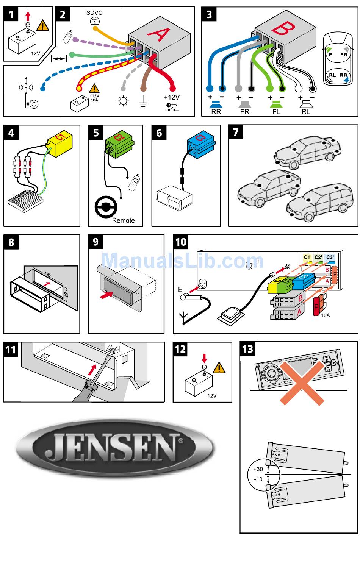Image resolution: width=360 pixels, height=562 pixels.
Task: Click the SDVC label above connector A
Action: tap(94, 13)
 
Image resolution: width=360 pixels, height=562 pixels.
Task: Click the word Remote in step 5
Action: tap(123, 220)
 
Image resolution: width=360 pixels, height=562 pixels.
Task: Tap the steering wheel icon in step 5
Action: tap(106, 207)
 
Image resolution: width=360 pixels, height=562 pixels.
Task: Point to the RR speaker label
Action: tap(216, 112)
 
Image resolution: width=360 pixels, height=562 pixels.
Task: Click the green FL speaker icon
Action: tap(276, 105)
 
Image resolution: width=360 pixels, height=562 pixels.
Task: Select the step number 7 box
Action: tap(236, 132)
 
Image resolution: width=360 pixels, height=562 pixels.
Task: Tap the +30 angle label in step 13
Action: tap(258, 469)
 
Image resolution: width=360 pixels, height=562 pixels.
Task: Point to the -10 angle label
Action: tap(258, 479)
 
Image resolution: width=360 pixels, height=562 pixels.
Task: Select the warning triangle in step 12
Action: tap(219, 368)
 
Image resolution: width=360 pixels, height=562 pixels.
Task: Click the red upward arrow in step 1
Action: tap(27, 16)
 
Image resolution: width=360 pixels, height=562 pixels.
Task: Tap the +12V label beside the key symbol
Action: tap(171, 97)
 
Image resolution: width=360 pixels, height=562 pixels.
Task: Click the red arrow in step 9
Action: tap(106, 294)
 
